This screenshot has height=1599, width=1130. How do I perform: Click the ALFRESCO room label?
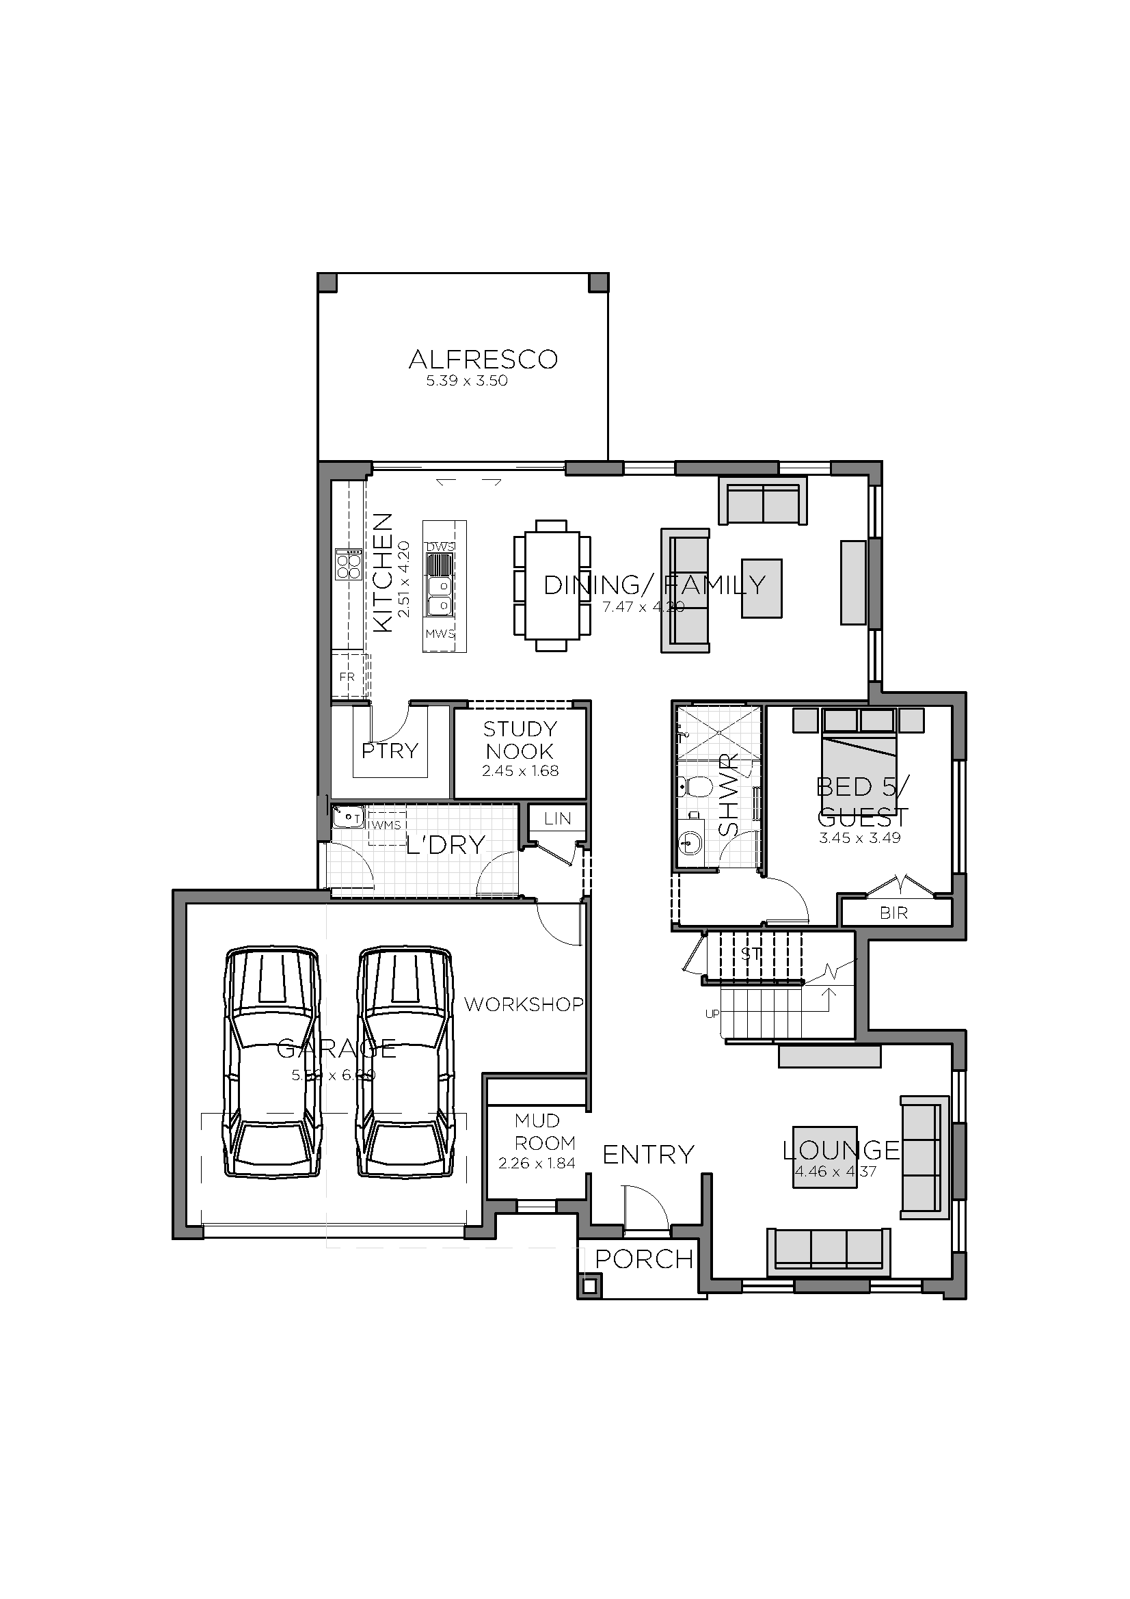[483, 360]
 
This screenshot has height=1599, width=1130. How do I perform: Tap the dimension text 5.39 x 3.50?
[466, 381]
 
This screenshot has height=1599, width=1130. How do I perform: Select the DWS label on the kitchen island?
[440, 547]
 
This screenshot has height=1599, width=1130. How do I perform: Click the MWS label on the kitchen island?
[440, 634]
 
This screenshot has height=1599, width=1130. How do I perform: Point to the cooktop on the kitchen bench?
[348, 564]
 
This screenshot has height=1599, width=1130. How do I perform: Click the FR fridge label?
[347, 677]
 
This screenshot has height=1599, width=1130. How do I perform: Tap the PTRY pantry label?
[390, 751]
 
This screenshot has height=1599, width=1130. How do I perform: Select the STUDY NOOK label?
[520, 740]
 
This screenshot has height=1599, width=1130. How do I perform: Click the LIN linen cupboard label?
[558, 818]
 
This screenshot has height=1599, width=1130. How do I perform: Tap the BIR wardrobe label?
[893, 913]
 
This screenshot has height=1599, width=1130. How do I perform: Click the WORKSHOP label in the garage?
[524, 1004]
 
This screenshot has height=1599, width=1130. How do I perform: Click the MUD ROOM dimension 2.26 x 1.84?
[536, 1163]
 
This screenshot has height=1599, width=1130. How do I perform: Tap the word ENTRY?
[648, 1155]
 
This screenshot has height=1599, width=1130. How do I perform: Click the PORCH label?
[644, 1259]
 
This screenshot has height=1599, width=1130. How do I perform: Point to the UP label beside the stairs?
[712, 1014]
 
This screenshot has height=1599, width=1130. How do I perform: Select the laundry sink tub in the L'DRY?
[345, 816]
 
